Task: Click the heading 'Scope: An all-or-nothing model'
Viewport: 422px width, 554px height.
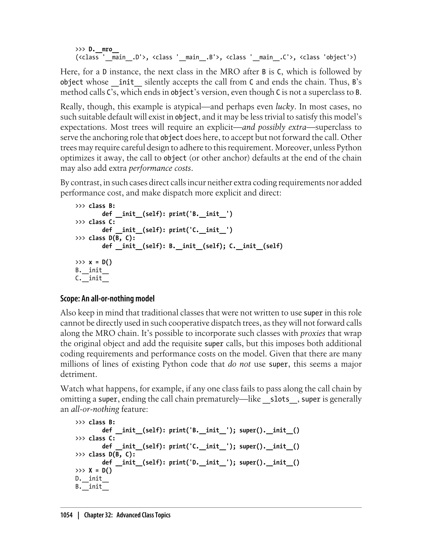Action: (107, 298)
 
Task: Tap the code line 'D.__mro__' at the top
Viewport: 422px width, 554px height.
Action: (103, 49)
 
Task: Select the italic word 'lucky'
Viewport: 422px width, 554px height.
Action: (285, 107)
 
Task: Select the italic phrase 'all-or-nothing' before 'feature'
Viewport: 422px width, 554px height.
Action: (95, 409)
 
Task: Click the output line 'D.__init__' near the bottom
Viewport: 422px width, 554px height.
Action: (92, 478)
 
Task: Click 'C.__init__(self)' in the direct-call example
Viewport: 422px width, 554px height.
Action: (256, 246)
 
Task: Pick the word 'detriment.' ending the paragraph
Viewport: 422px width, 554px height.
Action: (79, 374)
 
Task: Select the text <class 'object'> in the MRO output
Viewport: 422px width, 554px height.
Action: (328, 57)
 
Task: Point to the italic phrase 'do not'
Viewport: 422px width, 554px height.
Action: (239, 364)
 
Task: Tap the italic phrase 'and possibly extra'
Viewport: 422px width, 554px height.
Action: (274, 127)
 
